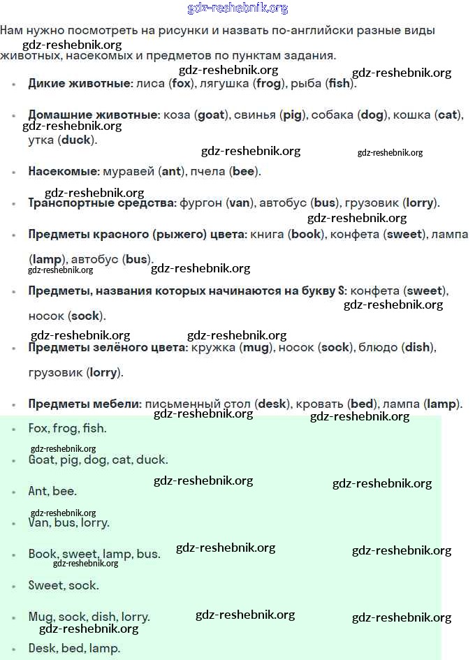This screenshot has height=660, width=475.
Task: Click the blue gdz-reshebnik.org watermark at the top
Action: click(237, 8)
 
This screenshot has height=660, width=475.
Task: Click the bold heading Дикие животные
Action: click(80, 83)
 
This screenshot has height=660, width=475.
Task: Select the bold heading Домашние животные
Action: click(94, 115)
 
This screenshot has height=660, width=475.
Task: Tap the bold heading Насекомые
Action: click(64, 171)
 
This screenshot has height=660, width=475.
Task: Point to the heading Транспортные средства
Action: click(102, 203)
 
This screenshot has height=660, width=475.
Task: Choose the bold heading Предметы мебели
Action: click(85, 404)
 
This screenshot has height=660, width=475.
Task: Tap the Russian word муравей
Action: click(129, 171)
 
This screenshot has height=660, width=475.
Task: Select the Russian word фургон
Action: click(200, 203)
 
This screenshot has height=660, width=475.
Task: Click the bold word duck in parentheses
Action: click(76, 140)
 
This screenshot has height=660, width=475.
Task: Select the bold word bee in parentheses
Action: click(243, 171)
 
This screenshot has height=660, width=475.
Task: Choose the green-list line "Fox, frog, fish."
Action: click(67, 428)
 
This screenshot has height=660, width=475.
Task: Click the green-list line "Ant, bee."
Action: click(52, 491)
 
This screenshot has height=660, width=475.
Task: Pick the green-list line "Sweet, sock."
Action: click(64, 585)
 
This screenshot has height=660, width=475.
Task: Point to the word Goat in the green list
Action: click(41, 460)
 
